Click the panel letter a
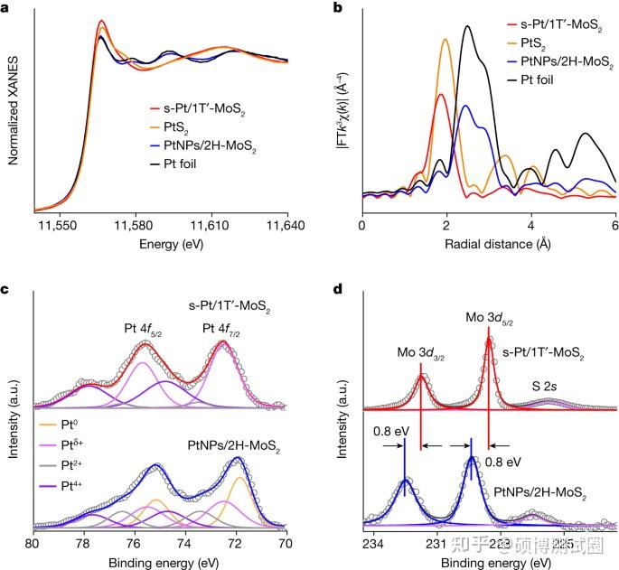coord(7,8)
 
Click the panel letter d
coord(337,291)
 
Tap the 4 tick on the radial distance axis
coord(530,222)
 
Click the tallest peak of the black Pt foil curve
coord(467,26)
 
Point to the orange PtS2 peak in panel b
coord(445,39)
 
